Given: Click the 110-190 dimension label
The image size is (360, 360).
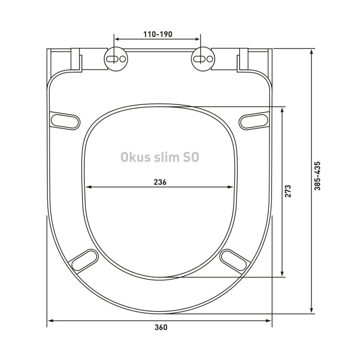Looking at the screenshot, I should coord(157,34).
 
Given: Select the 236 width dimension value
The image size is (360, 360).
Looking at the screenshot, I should coord(159,182).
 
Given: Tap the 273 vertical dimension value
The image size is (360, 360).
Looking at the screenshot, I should coord(290,191).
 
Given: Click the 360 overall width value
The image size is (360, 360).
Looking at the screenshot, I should coord(160,328).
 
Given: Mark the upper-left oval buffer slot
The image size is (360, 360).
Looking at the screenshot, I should coord(66,119).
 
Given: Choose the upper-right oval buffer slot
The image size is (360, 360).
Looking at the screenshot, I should coord(254,119).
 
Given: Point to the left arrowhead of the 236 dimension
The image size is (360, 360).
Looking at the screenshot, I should coord(87,187).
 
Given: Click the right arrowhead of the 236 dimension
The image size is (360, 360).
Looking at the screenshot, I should coord(231,187).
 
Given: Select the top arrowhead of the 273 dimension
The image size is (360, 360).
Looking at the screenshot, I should coord(282,110).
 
